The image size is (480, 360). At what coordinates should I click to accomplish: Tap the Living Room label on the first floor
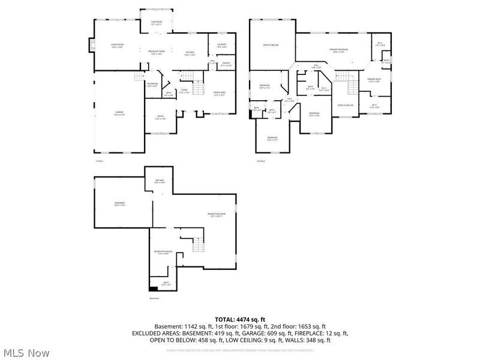[116, 46]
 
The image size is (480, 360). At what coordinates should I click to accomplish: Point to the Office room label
[160, 118]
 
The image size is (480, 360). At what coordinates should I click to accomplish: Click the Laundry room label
[221, 46]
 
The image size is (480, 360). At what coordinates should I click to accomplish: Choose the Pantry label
[226, 64]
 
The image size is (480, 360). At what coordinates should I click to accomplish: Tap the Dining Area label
[220, 94]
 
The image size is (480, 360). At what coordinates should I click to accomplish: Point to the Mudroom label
[152, 85]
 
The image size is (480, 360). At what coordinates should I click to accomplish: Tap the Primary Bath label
[374, 81]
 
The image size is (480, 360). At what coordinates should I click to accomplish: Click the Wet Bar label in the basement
[160, 181]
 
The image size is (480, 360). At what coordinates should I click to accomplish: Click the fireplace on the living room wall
[91, 46]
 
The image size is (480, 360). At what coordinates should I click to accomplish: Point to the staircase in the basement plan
[199, 244]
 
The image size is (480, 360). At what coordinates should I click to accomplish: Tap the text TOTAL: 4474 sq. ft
[240, 319]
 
